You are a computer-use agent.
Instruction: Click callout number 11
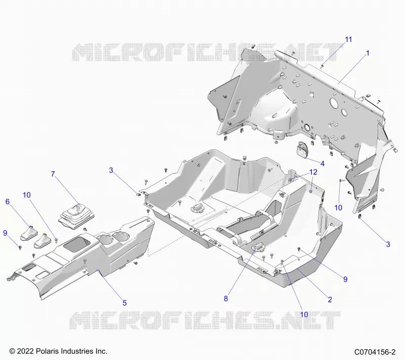pyautogui.click(x=348, y=39)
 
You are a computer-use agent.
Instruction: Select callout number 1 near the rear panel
pyautogui.click(x=368, y=53)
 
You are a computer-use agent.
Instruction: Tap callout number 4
pyautogui.click(x=322, y=164)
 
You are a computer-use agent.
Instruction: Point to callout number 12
pyautogui.click(x=313, y=172)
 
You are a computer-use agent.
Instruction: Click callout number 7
pyautogui.click(x=53, y=174)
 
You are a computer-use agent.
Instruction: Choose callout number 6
pyautogui.click(x=8, y=202)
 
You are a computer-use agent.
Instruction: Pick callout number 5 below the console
pyautogui.click(x=125, y=303)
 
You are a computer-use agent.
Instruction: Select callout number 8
pyautogui.click(x=226, y=299)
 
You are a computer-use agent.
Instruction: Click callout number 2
pyautogui.click(x=330, y=300)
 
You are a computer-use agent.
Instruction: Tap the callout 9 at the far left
pyautogui.click(x=5, y=233)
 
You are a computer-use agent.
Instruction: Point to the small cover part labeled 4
pyautogui.click(x=302, y=149)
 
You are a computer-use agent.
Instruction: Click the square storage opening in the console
pyautogui.click(x=77, y=244)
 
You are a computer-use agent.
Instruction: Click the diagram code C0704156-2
pyautogui.click(x=375, y=352)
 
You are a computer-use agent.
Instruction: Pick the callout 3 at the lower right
pyautogui.click(x=388, y=245)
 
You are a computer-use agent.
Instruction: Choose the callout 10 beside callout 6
pyautogui.click(x=27, y=195)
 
